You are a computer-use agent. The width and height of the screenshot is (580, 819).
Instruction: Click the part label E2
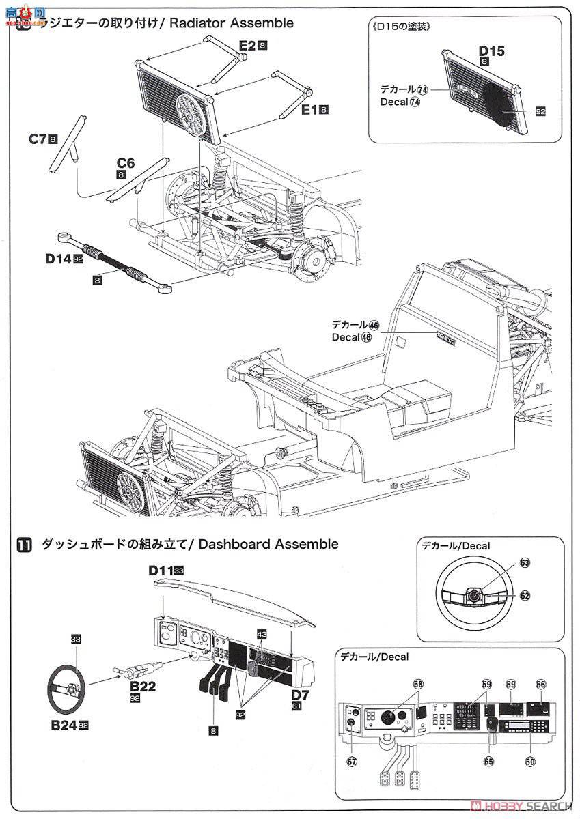(x=247, y=46)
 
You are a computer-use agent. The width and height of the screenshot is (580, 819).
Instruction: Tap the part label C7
(x=37, y=139)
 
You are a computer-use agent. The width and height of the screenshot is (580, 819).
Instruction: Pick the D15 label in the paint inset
(x=492, y=51)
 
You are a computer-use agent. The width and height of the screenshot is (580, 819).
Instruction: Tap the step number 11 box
(x=25, y=545)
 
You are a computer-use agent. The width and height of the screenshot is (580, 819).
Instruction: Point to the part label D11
(x=162, y=570)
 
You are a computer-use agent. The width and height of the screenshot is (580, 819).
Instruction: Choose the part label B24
(x=62, y=725)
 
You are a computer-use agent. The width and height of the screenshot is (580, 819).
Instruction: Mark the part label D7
(x=301, y=695)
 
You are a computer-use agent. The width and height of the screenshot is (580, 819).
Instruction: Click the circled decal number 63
(x=525, y=563)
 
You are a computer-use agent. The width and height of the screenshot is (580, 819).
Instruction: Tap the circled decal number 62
(x=525, y=595)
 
